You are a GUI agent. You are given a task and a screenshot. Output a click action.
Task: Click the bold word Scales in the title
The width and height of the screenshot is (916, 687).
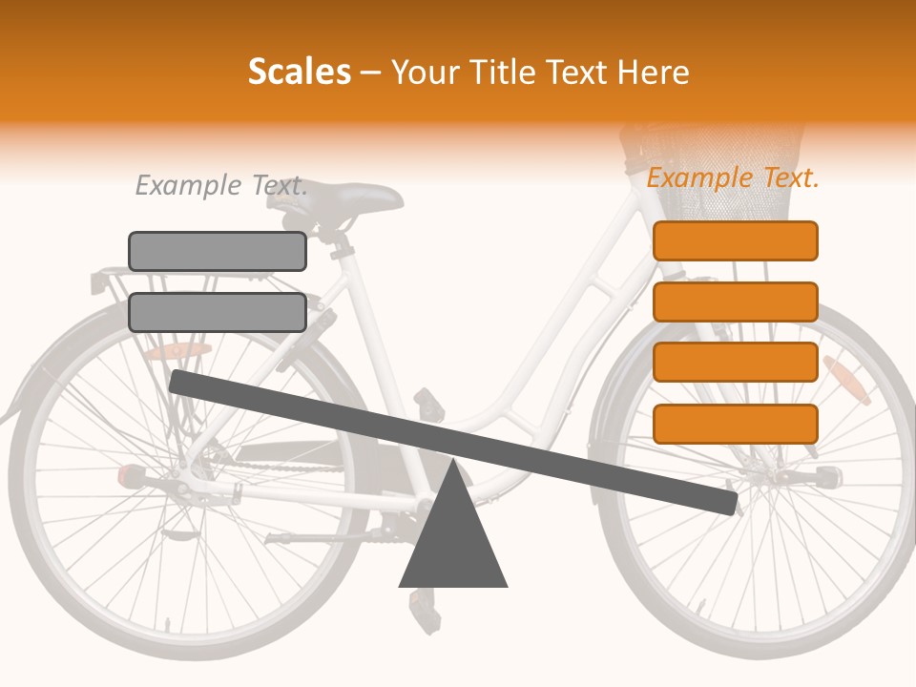(299, 72)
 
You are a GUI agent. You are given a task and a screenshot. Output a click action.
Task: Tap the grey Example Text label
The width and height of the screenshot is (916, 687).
(221, 185)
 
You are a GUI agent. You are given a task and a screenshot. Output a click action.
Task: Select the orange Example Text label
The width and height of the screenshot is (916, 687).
(733, 177)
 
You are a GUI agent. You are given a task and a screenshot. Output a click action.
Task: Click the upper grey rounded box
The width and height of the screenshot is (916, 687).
(218, 251)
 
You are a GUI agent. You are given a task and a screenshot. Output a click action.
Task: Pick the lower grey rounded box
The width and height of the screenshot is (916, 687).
(218, 312)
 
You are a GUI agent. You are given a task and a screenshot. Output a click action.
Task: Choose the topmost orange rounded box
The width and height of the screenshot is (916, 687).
(735, 240)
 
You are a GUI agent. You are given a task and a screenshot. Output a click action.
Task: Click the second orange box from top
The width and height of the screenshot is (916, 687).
(735, 302)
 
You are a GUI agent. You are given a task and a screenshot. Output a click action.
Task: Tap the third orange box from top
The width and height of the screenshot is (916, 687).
(735, 363)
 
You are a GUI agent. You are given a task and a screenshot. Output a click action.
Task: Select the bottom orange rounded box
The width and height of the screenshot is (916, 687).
(735, 424)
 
